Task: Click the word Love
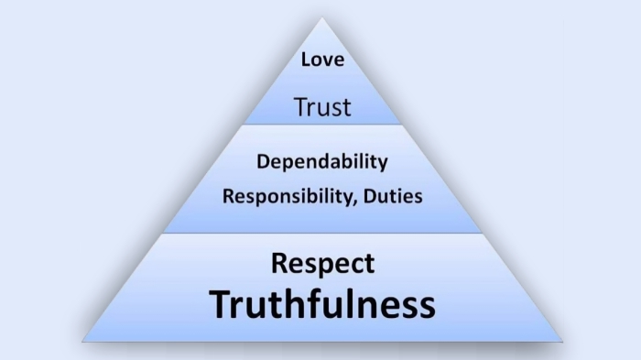322,60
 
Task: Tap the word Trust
322,107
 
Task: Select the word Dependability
321,162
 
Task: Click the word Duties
390,195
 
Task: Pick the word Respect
322,264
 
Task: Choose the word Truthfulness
322,304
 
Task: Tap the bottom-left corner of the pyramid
83,342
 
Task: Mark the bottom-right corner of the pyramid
561,342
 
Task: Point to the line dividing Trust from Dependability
322,125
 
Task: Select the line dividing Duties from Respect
322,233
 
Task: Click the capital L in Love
306,60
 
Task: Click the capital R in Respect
280,263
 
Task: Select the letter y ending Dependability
382,165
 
